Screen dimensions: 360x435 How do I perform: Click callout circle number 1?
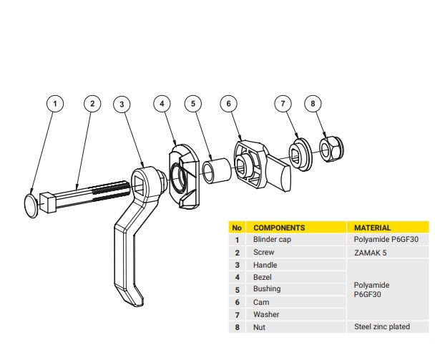55,104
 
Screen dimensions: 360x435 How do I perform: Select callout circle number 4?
162,104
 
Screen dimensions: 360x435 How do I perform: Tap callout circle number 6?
228,104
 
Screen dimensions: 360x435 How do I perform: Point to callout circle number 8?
312,104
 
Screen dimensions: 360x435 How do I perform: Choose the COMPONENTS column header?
279,228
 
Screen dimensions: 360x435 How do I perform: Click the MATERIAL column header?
373,228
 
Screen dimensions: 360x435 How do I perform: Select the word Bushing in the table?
267,289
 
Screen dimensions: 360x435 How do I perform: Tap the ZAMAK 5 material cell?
371,253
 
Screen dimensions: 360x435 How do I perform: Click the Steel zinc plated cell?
382,327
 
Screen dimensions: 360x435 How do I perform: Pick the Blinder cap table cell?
272,240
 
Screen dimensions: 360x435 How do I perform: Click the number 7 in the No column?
236,314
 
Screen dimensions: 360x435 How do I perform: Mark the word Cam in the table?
261,302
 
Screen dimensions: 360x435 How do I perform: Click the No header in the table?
236,228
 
